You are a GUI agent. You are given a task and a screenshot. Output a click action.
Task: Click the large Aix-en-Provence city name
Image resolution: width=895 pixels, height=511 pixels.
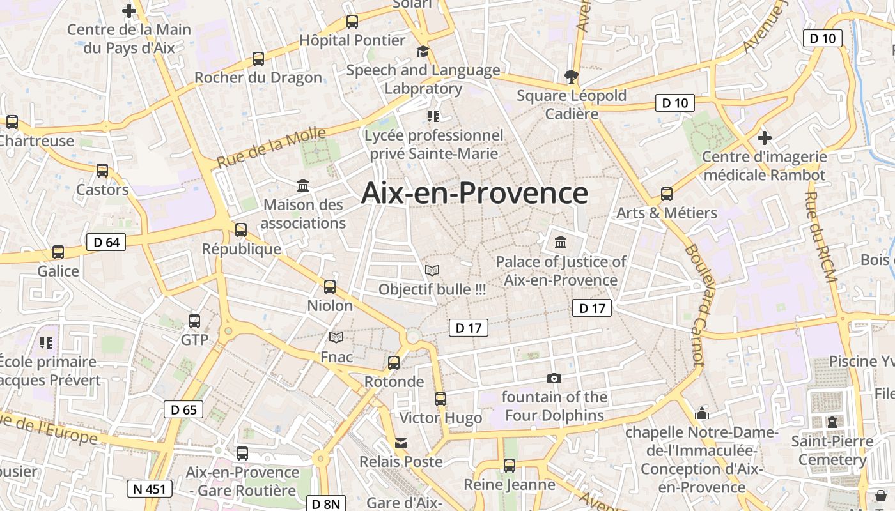coord(474,193)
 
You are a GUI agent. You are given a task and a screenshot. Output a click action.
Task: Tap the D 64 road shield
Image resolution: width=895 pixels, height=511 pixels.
coord(106,242)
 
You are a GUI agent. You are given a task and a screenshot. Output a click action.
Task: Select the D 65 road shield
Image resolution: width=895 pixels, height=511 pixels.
coord(184,409)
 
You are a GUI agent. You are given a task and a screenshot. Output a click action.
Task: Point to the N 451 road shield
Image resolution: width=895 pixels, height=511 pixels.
coord(150,489)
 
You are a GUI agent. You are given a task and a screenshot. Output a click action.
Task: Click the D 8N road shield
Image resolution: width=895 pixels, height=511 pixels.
coord(326,503)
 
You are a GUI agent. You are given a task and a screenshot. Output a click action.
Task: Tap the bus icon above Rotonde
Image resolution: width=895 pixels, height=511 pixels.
coord(394,363)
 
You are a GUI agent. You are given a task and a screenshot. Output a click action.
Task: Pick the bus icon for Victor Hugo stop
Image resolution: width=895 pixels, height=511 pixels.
coord(440,399)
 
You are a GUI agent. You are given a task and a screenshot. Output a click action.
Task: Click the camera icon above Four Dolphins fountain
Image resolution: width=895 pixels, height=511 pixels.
coord(554,378)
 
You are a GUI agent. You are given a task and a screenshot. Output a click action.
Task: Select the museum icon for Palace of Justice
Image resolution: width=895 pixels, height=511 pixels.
coord(561,243)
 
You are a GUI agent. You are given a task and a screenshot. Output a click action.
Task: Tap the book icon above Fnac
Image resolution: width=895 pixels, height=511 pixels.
coord(336,337)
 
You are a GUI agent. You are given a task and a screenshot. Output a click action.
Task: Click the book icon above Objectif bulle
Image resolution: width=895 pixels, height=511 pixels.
coord(432,270)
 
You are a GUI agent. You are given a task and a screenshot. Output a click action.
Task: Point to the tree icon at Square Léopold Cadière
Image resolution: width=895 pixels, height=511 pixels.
coord(572,77)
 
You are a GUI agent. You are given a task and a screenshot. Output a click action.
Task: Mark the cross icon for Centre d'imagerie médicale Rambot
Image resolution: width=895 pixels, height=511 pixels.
coord(764,137)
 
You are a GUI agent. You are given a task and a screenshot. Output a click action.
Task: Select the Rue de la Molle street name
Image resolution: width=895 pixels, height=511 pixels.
coord(271,148)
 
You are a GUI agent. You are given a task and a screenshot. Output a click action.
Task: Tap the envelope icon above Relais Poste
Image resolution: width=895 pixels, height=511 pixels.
coord(401,443)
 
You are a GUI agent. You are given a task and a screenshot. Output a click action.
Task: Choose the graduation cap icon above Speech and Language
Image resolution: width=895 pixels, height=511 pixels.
coord(423,51)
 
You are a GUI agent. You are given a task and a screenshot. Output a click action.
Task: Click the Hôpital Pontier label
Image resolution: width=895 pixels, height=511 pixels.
coord(352,40)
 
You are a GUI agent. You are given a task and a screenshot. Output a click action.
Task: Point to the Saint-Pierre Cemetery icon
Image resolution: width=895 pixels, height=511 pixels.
coord(832,422)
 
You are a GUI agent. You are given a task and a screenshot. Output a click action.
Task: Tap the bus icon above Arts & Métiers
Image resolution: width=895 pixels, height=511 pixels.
coord(667,194)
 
